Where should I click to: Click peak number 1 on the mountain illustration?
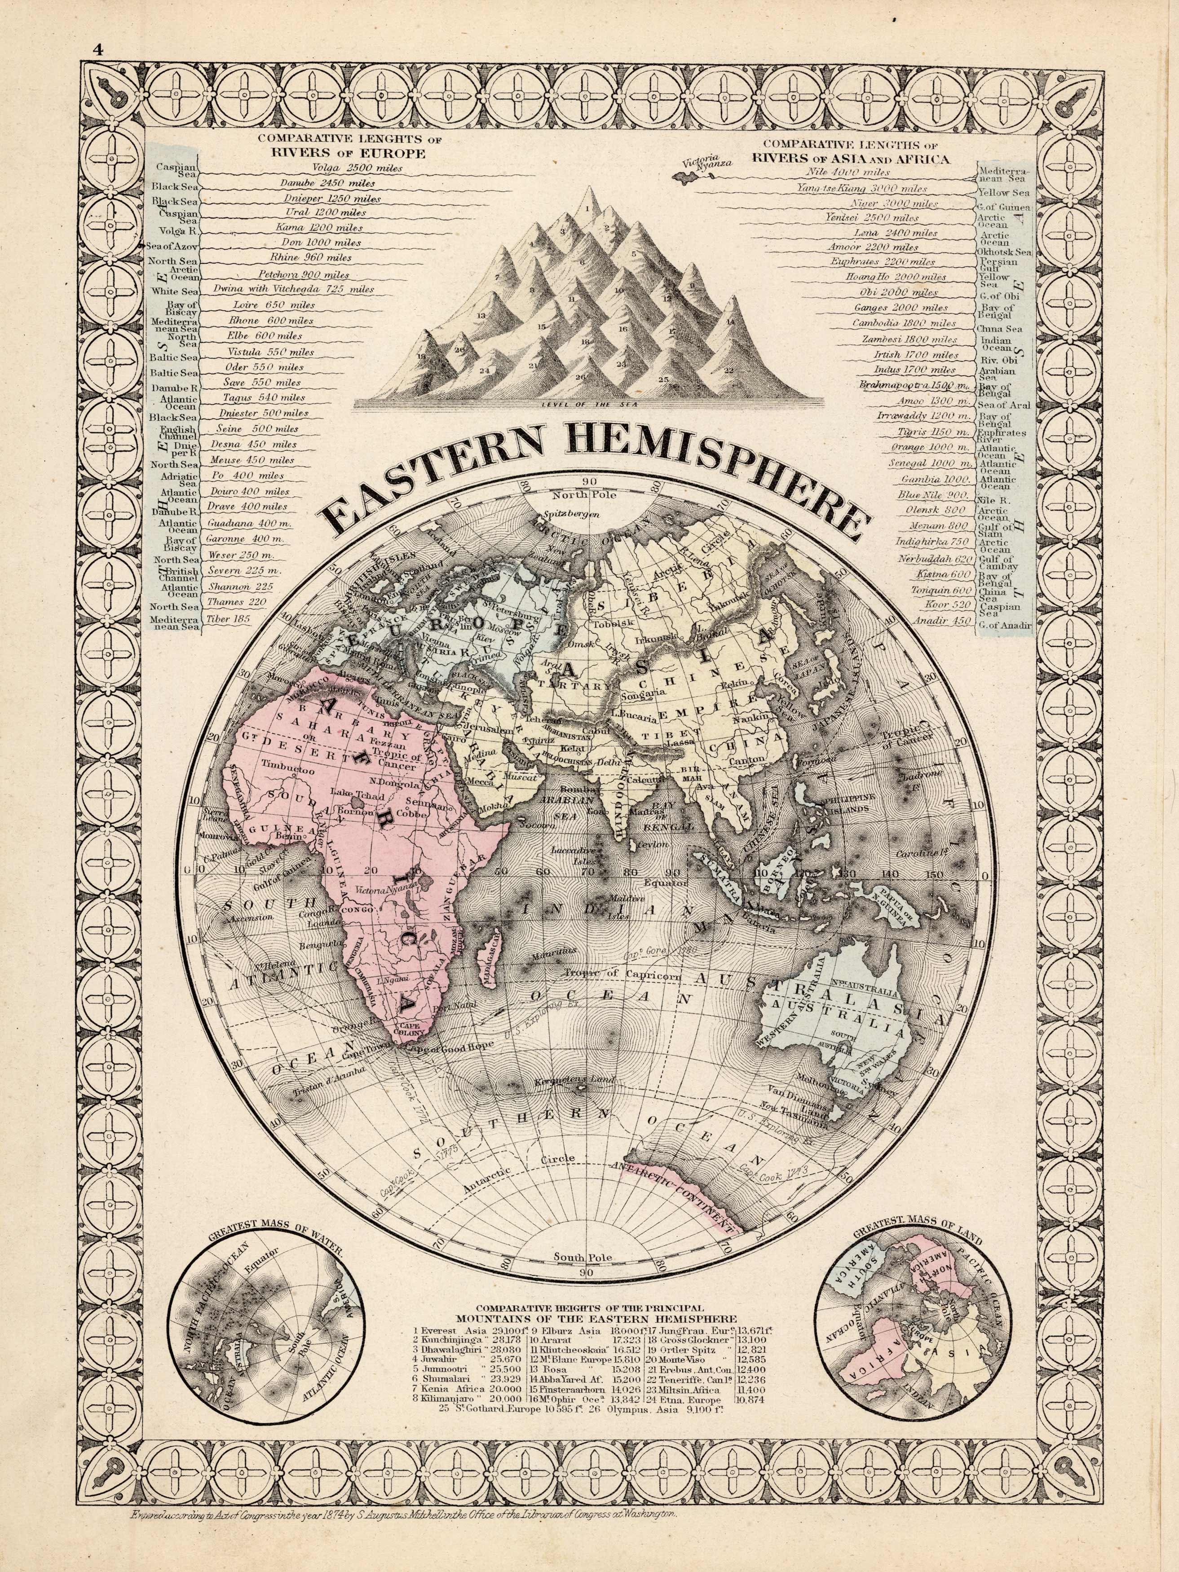point(587,209)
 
